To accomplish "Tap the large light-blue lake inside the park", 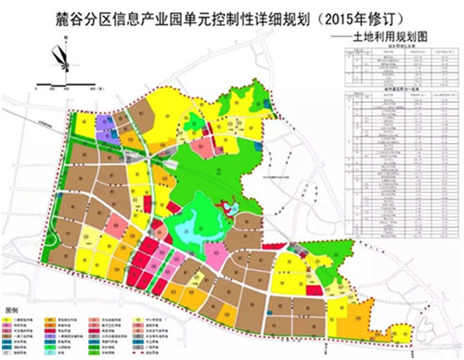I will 200,223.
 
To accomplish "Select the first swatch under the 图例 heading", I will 11,317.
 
